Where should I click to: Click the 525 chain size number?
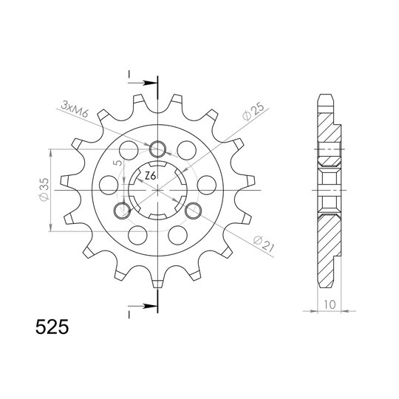(x=52, y=327)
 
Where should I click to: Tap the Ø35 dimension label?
(x=44, y=190)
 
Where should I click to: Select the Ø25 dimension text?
(x=253, y=112)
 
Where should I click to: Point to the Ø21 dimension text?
(x=264, y=244)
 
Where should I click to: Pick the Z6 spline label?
(x=150, y=176)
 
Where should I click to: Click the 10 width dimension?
(x=330, y=304)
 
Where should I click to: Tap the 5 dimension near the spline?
(x=118, y=163)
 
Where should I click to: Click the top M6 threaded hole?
(x=158, y=149)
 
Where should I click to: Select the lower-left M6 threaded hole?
(x=123, y=211)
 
